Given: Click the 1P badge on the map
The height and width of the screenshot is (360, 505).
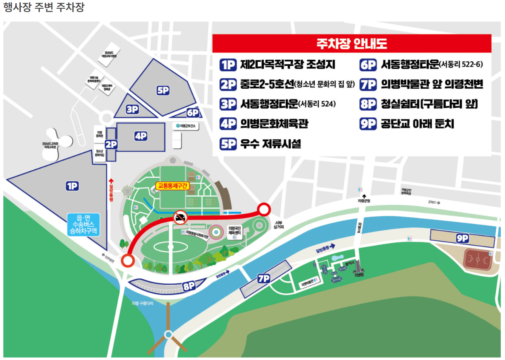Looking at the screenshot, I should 72,186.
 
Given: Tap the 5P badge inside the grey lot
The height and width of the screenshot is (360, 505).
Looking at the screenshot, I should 163,91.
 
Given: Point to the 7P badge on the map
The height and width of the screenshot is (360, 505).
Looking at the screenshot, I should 264,278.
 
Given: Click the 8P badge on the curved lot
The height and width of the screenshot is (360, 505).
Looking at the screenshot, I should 189,286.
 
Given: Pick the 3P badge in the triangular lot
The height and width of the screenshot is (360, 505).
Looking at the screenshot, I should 132,109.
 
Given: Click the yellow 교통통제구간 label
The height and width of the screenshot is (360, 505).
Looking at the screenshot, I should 172,186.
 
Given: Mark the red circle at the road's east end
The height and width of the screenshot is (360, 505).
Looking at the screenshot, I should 264,210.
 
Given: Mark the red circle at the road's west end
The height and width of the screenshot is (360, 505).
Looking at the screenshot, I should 128,261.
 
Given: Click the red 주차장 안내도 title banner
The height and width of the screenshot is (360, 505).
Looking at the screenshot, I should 352,43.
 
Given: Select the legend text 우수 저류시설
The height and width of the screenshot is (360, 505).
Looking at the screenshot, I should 270,144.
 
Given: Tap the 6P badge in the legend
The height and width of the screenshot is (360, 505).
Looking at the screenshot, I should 368,65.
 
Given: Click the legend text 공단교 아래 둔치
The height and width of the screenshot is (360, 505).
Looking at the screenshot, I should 417,124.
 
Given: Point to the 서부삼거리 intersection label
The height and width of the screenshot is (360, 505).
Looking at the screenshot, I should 278,225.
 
